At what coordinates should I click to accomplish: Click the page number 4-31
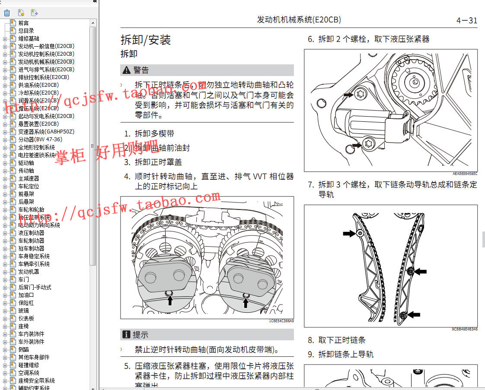466,20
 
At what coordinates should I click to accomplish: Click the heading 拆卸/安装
146,40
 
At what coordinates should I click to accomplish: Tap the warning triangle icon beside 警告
126,70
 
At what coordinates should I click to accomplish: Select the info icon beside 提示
126,334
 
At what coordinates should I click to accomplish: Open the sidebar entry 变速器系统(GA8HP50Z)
46,132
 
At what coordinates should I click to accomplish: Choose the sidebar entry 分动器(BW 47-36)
40,140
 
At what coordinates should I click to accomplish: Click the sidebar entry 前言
23,23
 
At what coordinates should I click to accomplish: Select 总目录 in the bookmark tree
26,31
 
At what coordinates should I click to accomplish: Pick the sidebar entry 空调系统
29,373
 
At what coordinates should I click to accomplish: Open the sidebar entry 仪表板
26,318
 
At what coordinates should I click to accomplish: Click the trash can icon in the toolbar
7,13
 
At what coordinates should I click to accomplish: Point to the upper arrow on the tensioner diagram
348,94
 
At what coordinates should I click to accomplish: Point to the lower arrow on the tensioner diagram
357,146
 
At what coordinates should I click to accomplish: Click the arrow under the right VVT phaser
246,303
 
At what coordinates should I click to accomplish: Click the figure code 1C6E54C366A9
281,321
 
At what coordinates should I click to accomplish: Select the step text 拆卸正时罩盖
158,162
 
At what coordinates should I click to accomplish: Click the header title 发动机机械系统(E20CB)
299,20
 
